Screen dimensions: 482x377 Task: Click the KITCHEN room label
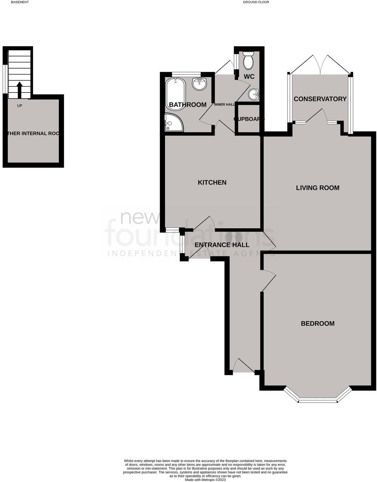click(212, 183)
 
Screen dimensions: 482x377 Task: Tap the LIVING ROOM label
click(317, 188)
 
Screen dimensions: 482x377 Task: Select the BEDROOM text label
click(317, 324)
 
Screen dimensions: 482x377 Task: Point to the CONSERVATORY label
click(320, 99)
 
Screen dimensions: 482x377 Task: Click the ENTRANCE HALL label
click(222, 245)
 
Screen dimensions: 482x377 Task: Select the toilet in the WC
click(248, 61)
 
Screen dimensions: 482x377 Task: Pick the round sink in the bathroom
click(200, 83)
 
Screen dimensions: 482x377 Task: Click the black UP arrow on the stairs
click(20, 89)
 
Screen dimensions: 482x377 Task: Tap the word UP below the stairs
click(20, 106)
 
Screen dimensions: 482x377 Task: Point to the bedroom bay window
click(317, 399)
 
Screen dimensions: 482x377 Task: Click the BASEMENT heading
click(20, 2)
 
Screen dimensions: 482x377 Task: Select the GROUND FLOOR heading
click(256, 2)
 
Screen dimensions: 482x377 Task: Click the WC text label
click(249, 77)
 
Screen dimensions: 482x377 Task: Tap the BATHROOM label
click(187, 105)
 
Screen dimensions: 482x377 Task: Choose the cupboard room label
click(249, 119)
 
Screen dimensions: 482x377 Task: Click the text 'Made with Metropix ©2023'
click(205, 480)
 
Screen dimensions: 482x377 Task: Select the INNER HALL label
click(224, 105)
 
